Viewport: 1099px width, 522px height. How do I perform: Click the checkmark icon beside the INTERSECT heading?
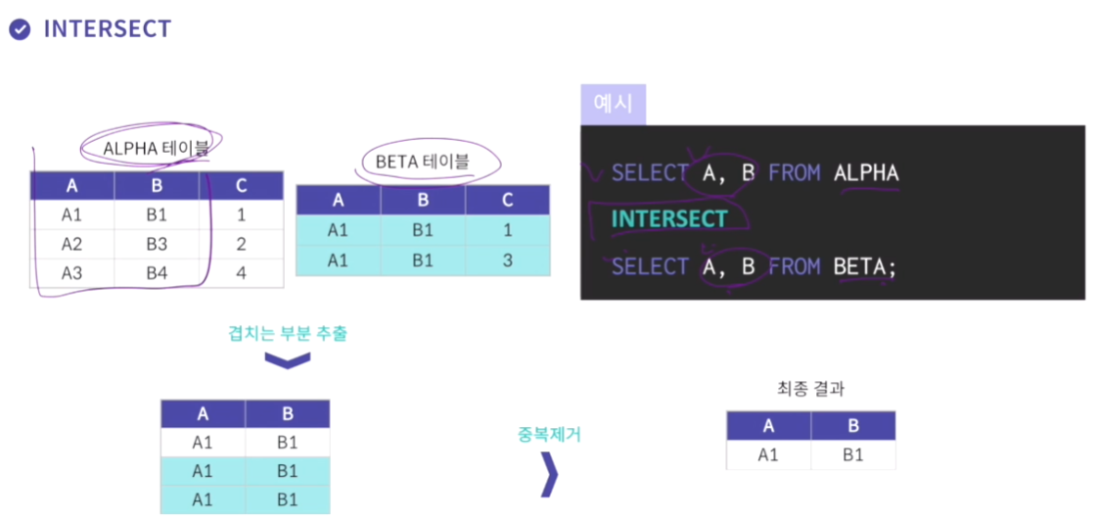coord(20,29)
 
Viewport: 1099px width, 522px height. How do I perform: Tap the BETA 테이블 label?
coord(422,162)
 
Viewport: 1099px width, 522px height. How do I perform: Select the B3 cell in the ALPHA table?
coord(156,244)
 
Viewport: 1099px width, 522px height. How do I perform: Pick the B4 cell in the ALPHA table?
coord(156,273)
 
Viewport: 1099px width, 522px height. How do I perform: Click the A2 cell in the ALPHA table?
coord(71,244)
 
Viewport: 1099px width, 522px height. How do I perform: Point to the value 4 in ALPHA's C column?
coord(241,273)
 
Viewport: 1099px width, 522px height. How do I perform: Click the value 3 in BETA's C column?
coord(507,260)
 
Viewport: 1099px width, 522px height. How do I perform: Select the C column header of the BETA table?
coord(507,200)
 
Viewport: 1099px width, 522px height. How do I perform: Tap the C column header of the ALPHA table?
coord(241,186)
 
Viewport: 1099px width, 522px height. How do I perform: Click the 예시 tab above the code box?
coord(613,104)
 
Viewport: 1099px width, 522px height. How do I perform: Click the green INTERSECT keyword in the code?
coord(669,218)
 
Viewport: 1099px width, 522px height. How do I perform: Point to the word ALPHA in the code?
coord(865,173)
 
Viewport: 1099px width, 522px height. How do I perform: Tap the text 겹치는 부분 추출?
coord(288,333)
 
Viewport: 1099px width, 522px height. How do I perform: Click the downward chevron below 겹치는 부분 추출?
coord(288,360)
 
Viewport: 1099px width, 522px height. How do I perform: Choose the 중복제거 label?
coord(549,434)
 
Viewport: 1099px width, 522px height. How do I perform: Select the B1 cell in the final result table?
coord(852,455)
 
